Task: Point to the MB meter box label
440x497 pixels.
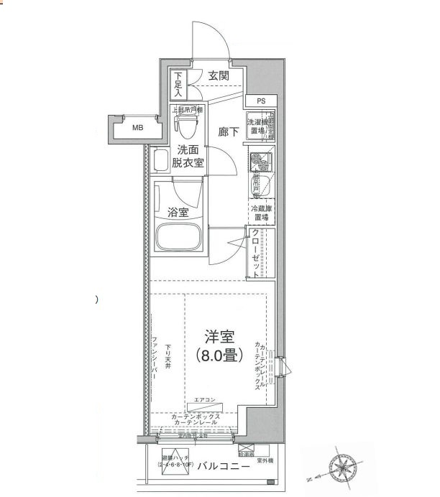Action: [137, 128]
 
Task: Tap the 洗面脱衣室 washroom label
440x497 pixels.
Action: [187, 157]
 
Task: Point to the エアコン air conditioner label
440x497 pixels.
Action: [206, 399]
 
